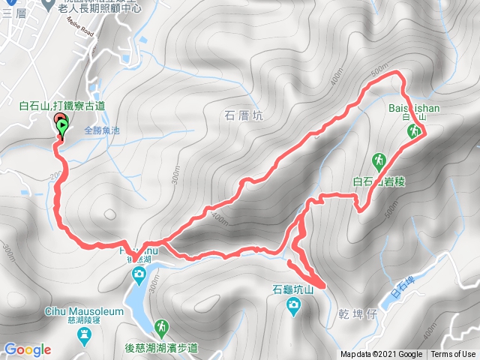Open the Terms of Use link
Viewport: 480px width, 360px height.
point(453,355)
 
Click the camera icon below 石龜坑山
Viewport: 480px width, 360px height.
point(292,304)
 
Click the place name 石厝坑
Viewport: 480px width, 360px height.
point(244,115)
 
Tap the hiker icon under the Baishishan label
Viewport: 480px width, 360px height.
point(413,132)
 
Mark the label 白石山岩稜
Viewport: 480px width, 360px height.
point(378,181)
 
